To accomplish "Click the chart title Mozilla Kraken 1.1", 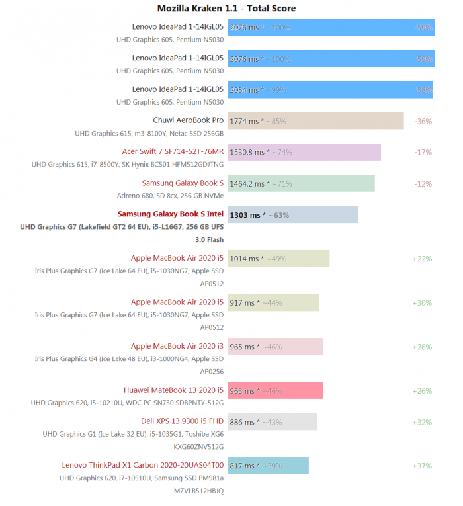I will coord(226,9).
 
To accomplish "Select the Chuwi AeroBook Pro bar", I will coord(316,121).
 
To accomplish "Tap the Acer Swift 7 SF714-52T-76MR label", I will coord(173,151).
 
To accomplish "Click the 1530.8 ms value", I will coord(246,152).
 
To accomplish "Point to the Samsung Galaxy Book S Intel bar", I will coord(292,214).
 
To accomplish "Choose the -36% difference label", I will coord(423,121).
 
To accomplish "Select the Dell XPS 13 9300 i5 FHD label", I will coord(182,421).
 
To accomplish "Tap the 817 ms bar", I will coord(268,466).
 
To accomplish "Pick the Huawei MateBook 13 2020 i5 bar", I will coord(275,390).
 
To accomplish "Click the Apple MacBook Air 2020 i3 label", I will coord(177,346).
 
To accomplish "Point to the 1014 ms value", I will coord(243,259).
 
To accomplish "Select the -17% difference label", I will coord(423,152).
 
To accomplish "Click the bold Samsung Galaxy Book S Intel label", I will coord(171,214).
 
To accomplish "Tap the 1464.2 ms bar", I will coord(301,183).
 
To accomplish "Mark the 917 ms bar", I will coord(273,302).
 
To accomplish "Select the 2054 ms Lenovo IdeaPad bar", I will coord(330,89).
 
